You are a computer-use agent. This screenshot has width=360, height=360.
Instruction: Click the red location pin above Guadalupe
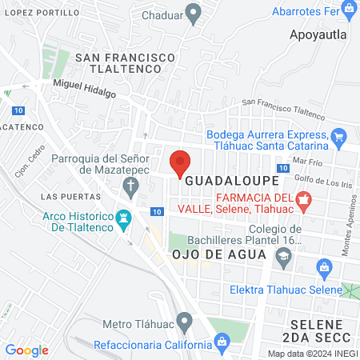coord(180,162)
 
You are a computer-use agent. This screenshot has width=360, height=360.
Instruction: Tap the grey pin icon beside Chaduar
coord(192,13)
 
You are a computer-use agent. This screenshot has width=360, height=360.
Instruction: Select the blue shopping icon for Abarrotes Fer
coord(350,8)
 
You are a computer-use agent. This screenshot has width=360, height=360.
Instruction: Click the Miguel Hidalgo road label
coord(84,88)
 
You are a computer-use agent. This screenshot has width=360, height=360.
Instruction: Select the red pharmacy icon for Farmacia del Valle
coord(303,199)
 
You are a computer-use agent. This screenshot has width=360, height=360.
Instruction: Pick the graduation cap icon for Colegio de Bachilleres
coord(283,255)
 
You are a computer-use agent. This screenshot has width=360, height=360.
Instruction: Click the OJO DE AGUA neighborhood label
coord(218,254)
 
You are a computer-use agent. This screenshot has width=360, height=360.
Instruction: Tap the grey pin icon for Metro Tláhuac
coord(185,323)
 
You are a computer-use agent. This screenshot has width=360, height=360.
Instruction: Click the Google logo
coord(26,350)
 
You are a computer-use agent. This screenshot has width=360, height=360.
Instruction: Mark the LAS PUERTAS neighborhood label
coord(65,196)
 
